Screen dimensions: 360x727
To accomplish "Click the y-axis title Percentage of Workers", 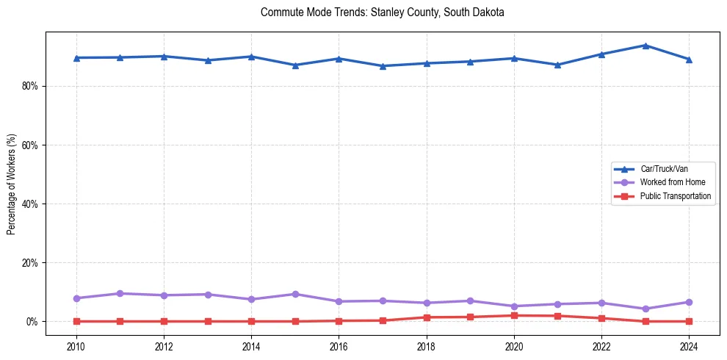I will pos(12,183).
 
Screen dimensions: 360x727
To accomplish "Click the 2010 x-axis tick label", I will pos(76,345).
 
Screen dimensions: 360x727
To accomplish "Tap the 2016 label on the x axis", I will pos(339,345).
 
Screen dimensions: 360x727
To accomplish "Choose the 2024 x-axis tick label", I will pos(689,345).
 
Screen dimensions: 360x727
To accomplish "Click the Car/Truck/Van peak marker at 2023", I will pos(645,46).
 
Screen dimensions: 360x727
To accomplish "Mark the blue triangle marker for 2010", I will pos(76,58).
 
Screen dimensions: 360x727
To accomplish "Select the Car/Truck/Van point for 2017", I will pos(383,66).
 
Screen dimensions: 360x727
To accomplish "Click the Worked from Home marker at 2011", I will pos(120,293).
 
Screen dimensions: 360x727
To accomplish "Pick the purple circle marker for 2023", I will pos(645,309).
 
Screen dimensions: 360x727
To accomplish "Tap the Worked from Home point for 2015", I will pos(295,294).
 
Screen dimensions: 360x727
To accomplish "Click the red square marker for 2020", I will pos(514,315).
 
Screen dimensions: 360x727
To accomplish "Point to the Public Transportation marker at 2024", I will pos(689,321).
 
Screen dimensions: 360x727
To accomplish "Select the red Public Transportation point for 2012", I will pos(164,321).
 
